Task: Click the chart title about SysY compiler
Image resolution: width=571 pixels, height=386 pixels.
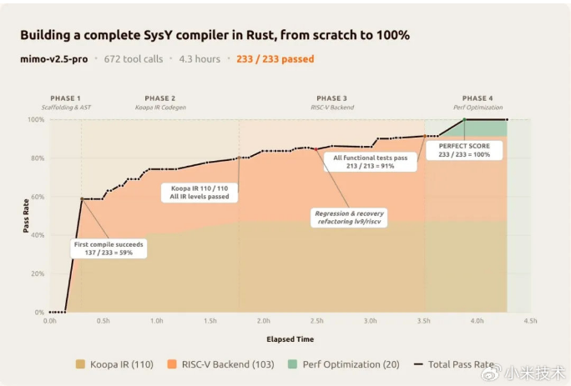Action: pyautogui.click(x=215, y=36)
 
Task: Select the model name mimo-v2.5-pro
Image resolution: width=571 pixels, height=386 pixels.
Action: pyautogui.click(x=54, y=59)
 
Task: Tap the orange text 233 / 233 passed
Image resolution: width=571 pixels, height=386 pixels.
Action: pyautogui.click(x=275, y=59)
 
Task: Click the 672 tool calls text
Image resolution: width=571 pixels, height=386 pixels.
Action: pyautogui.click(x=133, y=59)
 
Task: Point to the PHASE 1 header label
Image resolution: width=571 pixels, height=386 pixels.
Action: pyautogui.click(x=66, y=98)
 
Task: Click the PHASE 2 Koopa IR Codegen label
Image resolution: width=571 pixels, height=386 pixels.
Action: pyautogui.click(x=160, y=103)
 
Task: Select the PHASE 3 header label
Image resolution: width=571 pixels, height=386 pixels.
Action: pyautogui.click(x=332, y=98)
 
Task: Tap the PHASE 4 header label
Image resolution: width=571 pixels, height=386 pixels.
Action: pyautogui.click(x=478, y=98)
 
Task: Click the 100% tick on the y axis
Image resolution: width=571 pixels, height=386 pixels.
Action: pyautogui.click(x=36, y=120)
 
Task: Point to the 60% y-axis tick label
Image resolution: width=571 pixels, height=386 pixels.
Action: pyautogui.click(x=38, y=198)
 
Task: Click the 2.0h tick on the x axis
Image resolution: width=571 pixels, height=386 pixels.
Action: pyautogui.click(x=264, y=320)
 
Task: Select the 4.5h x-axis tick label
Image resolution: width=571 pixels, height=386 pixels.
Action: pyautogui.click(x=529, y=320)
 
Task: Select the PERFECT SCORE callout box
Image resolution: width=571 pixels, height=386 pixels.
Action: pyautogui.click(x=464, y=150)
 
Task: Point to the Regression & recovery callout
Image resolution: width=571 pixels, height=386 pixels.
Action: pyautogui.click(x=349, y=218)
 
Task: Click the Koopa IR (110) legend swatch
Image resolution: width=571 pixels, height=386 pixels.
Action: pyautogui.click(x=82, y=365)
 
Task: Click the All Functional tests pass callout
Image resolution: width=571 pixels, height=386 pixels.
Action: pyautogui.click(x=370, y=162)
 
